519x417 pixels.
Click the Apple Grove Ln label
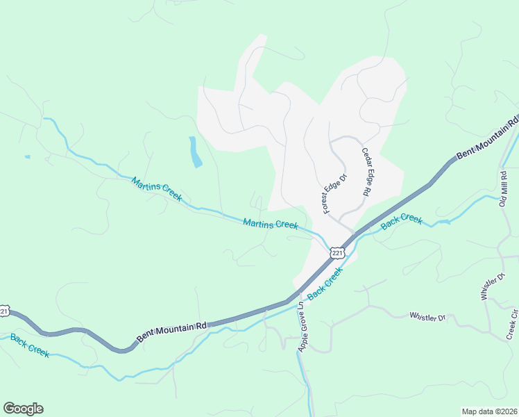point(301,327)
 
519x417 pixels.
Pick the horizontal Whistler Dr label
point(427,317)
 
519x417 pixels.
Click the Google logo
point(23,408)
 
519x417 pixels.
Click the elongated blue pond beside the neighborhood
point(195,152)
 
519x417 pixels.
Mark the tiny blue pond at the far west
point(27,157)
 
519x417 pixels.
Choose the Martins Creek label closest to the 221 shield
point(271,224)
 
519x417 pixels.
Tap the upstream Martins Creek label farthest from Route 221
point(157,189)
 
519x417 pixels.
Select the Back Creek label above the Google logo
point(30,345)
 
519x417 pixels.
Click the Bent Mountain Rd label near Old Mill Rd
point(488,138)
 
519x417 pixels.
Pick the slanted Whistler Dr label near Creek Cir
point(490,287)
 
